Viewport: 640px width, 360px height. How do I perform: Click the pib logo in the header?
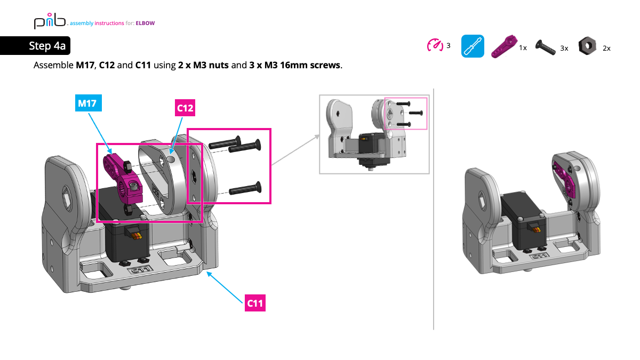tap(49, 22)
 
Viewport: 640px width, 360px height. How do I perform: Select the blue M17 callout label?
tap(87, 103)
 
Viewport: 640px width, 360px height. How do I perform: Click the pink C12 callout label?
tap(185, 108)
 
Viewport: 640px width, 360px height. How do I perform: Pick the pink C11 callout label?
tap(255, 303)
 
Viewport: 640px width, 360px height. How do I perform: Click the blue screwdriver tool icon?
tap(473, 46)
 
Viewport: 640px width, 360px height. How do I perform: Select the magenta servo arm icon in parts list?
tap(504, 46)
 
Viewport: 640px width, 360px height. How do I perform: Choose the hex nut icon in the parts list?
tap(587, 46)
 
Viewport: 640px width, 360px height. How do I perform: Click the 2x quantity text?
tap(606, 48)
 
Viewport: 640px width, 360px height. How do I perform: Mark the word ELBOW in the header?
tap(145, 23)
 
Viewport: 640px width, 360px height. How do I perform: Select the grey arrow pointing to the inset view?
tap(296, 150)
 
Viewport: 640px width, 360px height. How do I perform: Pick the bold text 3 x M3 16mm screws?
tap(295, 66)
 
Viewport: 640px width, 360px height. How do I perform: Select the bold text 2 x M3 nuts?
tap(203, 66)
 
